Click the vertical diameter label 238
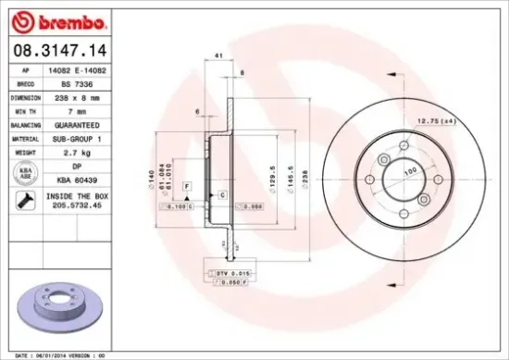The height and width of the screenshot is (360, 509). pyautogui.click(x=301, y=172)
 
